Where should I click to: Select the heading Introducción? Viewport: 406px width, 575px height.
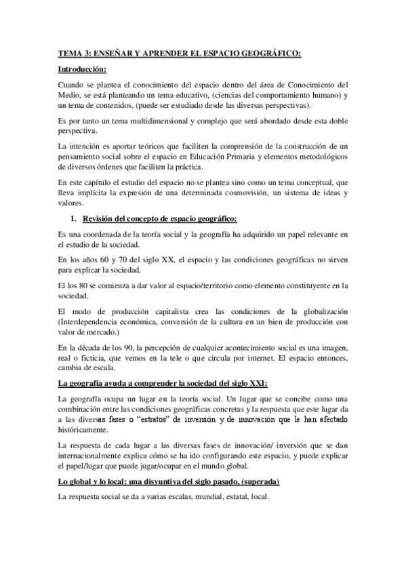(x=82, y=69)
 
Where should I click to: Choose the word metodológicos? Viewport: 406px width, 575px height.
(x=317, y=157)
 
